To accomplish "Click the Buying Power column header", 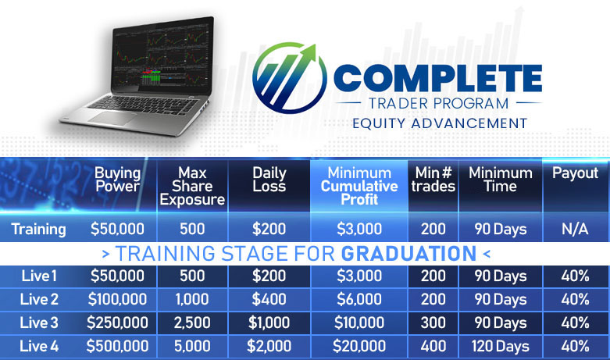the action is coord(117,180).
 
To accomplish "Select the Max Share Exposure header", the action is coord(192,186).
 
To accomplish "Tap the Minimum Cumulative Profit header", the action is coord(359,186).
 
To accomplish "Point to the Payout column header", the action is coord(575,173).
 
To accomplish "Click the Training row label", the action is coord(38,229).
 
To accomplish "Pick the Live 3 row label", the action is coord(39,323).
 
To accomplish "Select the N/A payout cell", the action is coord(575,229).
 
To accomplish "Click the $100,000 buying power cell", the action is coord(117,299).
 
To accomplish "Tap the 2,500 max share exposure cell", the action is coord(192,323).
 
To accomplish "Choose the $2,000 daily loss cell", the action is coord(269,346).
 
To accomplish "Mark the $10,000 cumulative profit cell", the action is coord(359,323).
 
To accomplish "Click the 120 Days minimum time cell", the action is coord(501,347).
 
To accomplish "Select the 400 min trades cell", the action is coord(433,346).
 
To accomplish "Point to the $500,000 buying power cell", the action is coord(117,346).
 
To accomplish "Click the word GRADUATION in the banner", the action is coord(408,254).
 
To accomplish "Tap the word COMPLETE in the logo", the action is coord(437,78).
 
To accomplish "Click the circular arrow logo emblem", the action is coord(289,78).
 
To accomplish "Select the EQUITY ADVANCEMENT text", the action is coord(440,123).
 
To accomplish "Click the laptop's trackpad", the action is coord(112,118).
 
